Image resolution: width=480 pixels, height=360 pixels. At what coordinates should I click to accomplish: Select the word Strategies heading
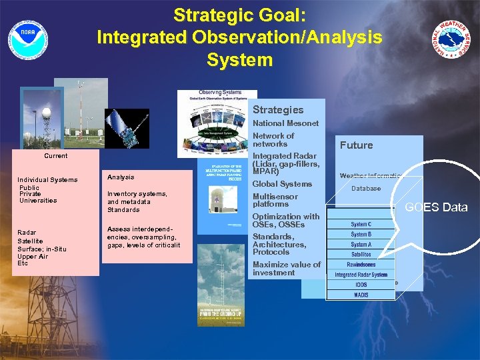pyautogui.click(x=277, y=110)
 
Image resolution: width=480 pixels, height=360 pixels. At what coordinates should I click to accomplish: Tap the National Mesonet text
pyautogui.click(x=285, y=123)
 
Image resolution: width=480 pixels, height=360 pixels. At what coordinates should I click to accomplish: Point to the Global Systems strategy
pyautogui.click(x=282, y=184)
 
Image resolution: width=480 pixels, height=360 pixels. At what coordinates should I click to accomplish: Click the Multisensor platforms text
pyautogui.click(x=275, y=200)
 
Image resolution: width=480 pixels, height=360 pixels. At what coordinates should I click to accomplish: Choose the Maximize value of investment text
pyautogui.click(x=286, y=269)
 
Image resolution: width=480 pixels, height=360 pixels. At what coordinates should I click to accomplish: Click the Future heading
pyautogui.click(x=357, y=145)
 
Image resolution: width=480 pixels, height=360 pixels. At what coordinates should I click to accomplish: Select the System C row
pyautogui.click(x=361, y=225)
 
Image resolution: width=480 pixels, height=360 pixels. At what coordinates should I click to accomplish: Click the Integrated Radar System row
pyautogui.click(x=361, y=275)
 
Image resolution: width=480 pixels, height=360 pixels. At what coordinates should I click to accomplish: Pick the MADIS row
pyautogui.click(x=361, y=295)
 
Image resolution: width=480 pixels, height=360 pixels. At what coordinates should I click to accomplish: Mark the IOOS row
pyautogui.click(x=361, y=285)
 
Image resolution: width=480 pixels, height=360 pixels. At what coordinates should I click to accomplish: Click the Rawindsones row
pyautogui.click(x=361, y=265)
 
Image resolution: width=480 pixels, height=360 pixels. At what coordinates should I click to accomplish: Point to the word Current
pyautogui.click(x=55, y=156)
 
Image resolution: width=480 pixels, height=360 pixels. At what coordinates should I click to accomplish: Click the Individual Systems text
pyautogui.click(x=47, y=180)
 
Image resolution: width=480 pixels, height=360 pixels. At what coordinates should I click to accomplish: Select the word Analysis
pyautogui.click(x=121, y=177)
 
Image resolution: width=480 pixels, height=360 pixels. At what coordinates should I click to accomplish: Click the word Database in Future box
pyautogui.click(x=366, y=189)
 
